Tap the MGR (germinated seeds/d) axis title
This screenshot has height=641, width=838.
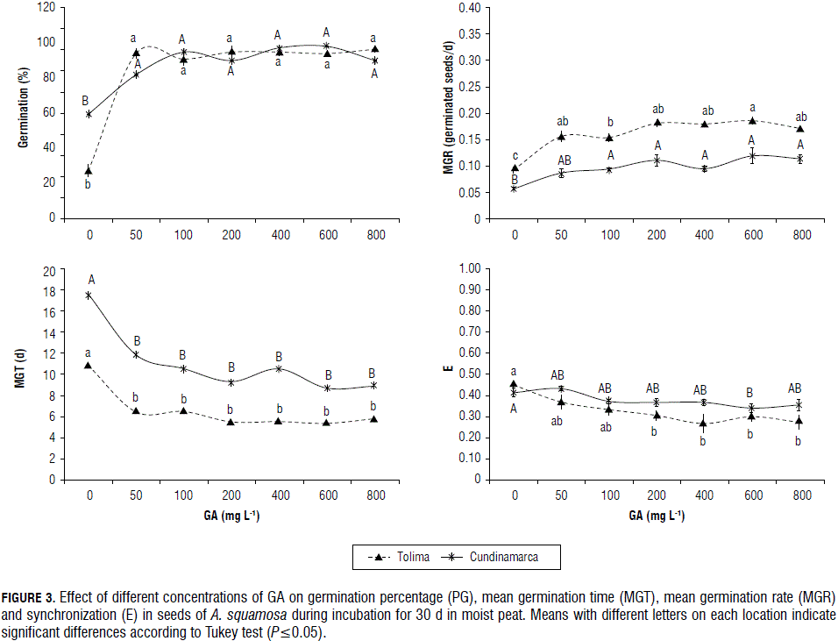[448, 112]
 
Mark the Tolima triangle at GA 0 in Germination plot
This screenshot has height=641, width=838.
[89, 170]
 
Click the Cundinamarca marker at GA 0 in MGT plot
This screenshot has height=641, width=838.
[89, 296]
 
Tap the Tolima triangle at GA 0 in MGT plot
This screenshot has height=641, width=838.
[89, 365]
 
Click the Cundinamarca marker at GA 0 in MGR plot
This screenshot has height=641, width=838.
[514, 189]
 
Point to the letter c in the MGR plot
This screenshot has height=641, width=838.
[515, 156]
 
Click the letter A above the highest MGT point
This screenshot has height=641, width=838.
[91, 280]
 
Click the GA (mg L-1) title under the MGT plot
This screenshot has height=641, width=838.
[231, 516]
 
